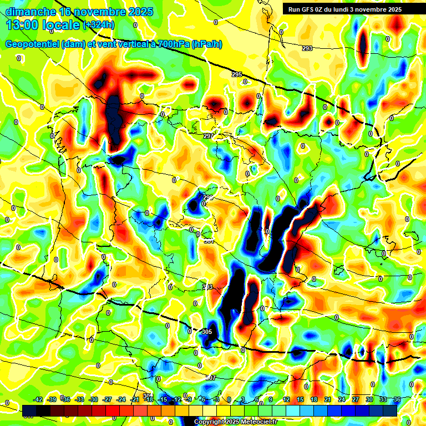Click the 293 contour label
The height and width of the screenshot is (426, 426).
coord(307,48)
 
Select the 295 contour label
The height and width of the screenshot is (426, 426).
coord(237,74)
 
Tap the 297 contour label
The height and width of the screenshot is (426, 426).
coord(208,136)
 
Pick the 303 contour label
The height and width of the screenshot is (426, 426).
coord(207,287)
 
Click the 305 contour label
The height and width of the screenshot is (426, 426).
coord(206,332)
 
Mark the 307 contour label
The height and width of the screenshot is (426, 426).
coord(211,377)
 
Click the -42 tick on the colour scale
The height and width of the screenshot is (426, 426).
coord(38,399)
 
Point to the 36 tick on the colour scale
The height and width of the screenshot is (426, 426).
coord(397,399)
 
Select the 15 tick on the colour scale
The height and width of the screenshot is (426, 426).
coord(300,399)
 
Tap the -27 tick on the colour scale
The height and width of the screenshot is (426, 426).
coord(108,399)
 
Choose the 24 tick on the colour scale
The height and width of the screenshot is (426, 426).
coord(341,399)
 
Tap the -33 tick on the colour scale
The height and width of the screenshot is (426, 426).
coord(79,399)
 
